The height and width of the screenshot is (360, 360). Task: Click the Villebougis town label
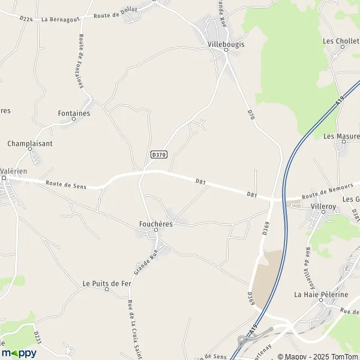tap(226, 44)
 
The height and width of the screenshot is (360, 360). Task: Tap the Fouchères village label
tap(155, 224)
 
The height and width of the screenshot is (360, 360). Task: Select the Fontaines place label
tap(74, 112)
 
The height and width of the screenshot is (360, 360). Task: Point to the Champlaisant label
tap(30, 143)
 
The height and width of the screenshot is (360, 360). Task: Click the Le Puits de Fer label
tap(107, 283)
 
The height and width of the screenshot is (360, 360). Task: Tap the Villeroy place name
tap(323, 206)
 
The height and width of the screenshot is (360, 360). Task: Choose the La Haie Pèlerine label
tap(321, 295)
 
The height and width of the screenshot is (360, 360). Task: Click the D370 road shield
tap(158, 154)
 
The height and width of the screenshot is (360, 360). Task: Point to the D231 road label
tap(37, 337)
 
